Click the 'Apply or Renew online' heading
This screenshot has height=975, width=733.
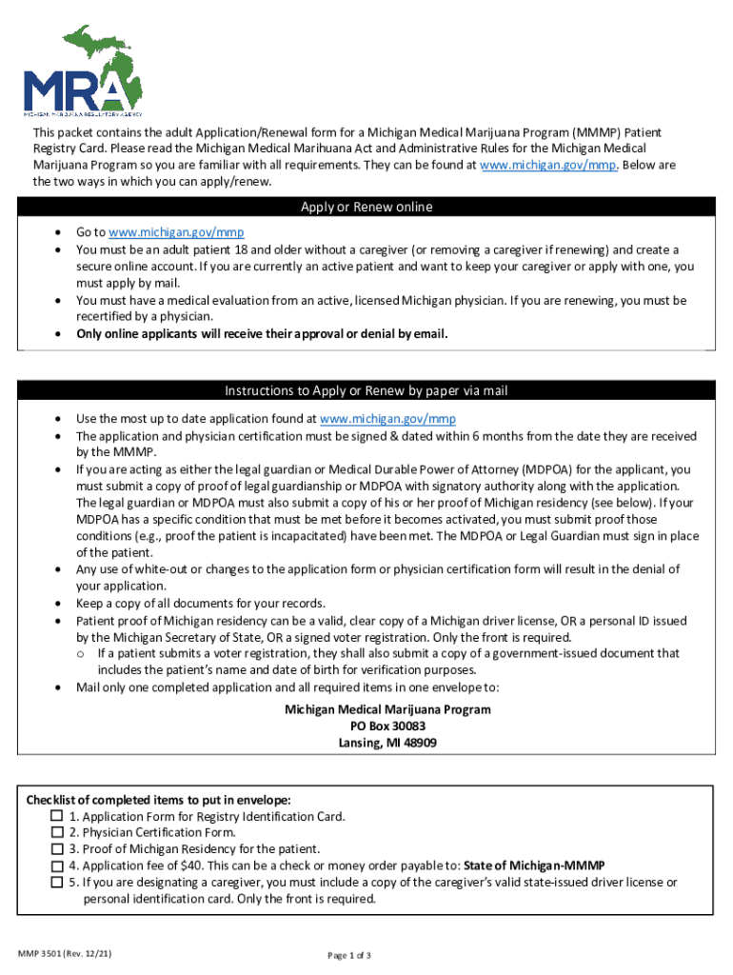point(366,208)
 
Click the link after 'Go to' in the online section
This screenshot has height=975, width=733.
point(163,232)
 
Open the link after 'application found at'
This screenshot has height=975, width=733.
point(387,419)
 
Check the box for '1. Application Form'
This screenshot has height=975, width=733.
point(57,817)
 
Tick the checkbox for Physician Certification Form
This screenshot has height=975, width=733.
point(57,833)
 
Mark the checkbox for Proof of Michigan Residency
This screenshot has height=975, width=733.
point(57,849)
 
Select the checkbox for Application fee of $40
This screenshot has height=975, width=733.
point(57,866)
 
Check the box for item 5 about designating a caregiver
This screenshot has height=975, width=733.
point(57,883)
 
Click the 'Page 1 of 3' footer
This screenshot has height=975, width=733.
point(348,955)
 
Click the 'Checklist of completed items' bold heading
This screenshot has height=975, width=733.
point(158,800)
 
